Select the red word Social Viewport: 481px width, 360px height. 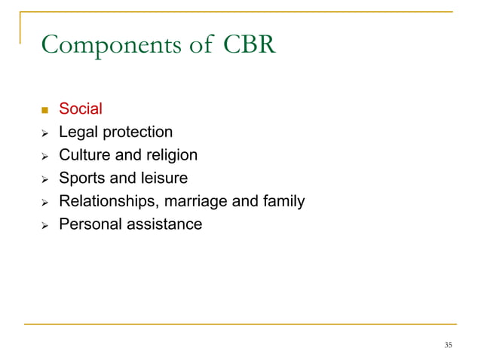point(80,110)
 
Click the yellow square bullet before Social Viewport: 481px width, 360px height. point(44,111)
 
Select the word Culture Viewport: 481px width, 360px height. point(83,155)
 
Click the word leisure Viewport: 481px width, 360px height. point(161,178)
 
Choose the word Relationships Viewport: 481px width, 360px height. point(107,201)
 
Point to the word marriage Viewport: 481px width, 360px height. point(198,202)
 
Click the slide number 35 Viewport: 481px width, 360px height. point(448,345)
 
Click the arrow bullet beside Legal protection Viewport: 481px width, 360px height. point(44,133)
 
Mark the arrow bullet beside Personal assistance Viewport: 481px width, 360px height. point(44,224)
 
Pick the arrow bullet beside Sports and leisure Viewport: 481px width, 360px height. point(44,179)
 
